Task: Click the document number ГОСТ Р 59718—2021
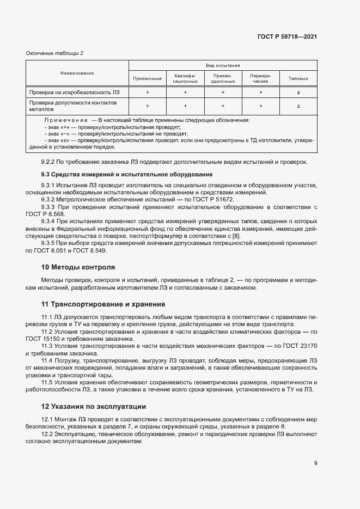pos(287,37)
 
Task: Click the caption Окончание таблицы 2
pos(54,53)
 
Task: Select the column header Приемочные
pos(147,78)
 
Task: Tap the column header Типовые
pos(298,78)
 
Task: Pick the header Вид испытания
pos(222,65)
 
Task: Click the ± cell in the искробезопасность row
pos(298,93)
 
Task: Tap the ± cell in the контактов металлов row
pos(298,106)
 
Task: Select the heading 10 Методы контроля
pos(78,267)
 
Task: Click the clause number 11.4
pos(47,360)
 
